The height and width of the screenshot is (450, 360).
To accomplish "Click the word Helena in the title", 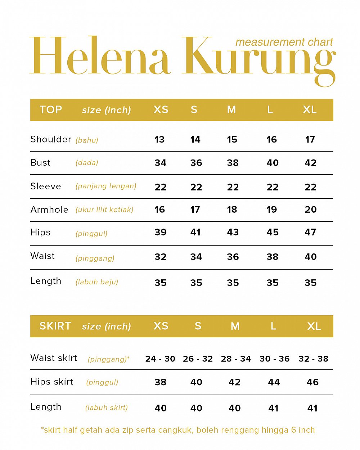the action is (99, 56).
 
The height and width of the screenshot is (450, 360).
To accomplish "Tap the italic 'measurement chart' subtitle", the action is (284, 42).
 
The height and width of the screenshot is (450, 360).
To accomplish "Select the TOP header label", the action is (51, 109).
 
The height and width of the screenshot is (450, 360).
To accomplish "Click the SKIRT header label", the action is (55, 326).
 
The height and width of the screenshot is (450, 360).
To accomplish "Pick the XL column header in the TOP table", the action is (310, 109).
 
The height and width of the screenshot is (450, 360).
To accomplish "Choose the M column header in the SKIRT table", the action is (235, 326).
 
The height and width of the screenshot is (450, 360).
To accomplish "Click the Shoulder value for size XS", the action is (159, 139).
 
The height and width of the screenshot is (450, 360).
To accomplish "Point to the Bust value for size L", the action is (273, 163).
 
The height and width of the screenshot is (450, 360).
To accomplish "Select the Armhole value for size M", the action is (232, 210).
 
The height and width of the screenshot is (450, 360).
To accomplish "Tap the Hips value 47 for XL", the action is (310, 232).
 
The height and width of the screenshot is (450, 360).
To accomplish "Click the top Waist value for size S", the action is (196, 257).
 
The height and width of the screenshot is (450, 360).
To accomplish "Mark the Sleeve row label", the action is (46, 186).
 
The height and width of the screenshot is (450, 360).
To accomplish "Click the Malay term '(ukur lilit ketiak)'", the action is (104, 210).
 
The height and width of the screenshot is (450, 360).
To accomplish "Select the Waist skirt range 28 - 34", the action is (236, 359).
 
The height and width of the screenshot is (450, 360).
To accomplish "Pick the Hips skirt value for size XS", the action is (161, 382).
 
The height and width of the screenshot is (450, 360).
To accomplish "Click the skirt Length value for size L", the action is (273, 408).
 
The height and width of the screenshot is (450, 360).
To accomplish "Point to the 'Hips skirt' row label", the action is (51, 382).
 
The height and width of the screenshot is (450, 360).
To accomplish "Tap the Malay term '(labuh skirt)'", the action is (107, 408).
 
